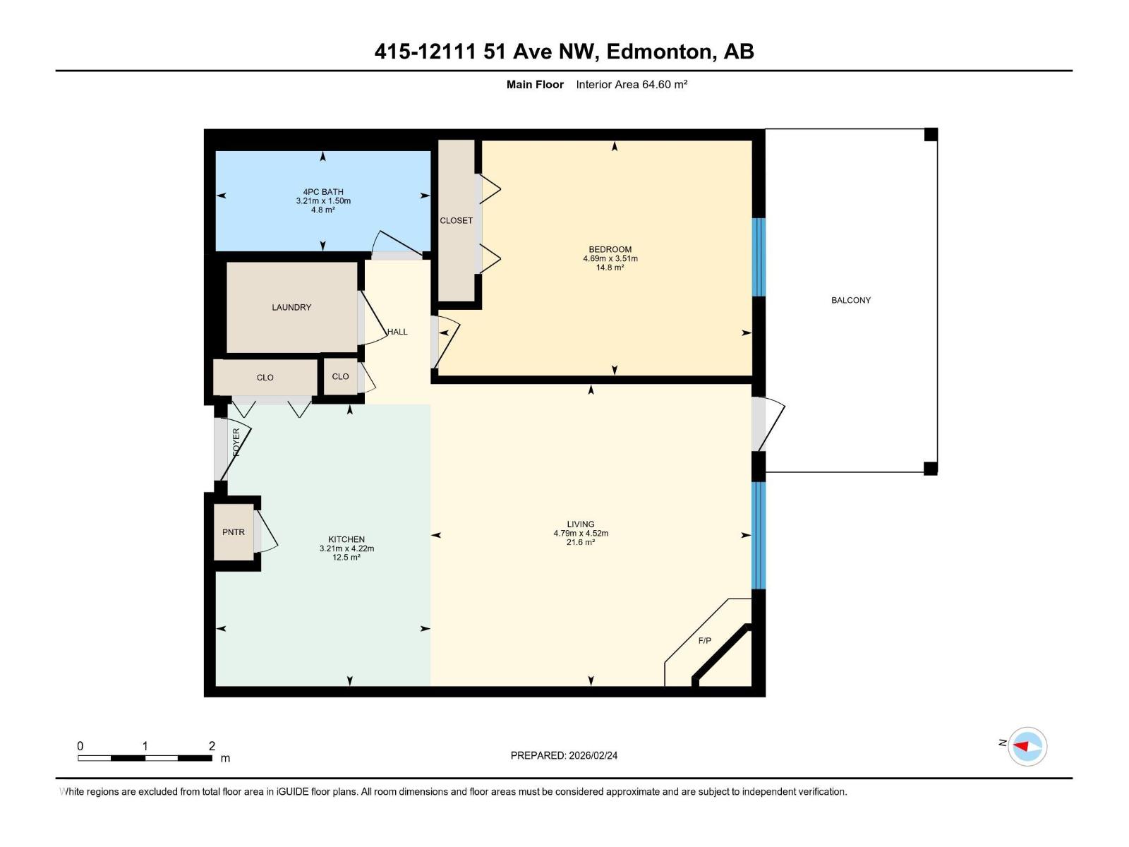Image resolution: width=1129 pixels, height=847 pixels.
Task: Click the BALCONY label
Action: coord(850,300)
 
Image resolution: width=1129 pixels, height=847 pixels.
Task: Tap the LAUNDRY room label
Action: coord(291,307)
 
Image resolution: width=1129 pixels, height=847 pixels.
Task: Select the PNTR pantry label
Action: coord(234,532)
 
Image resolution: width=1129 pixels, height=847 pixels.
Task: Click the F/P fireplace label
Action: coord(704,641)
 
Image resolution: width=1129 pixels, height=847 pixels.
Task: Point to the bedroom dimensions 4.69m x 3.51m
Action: coord(610,258)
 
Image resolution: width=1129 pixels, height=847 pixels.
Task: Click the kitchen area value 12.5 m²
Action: coord(346,558)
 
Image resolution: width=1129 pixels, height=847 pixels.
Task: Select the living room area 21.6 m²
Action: coord(580,542)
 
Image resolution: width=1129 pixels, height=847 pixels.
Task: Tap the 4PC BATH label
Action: coord(322,191)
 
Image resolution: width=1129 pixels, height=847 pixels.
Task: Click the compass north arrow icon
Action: coord(1027,746)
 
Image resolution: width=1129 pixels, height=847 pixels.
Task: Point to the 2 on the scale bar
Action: coord(212,745)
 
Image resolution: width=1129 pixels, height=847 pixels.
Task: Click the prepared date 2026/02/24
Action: coord(592,755)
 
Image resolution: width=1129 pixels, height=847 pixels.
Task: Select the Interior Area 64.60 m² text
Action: coord(632,85)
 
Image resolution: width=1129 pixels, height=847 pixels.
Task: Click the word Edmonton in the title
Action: coord(658,52)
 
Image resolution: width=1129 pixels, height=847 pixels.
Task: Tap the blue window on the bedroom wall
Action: coord(759,257)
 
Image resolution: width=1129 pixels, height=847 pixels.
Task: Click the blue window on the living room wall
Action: coord(759,535)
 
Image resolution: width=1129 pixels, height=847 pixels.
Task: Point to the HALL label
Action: coord(397,332)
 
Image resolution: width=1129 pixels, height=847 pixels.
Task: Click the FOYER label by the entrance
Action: coord(236,442)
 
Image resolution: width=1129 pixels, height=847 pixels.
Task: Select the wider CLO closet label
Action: coord(265,378)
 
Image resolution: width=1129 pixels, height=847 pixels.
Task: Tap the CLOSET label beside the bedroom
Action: coord(456,220)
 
